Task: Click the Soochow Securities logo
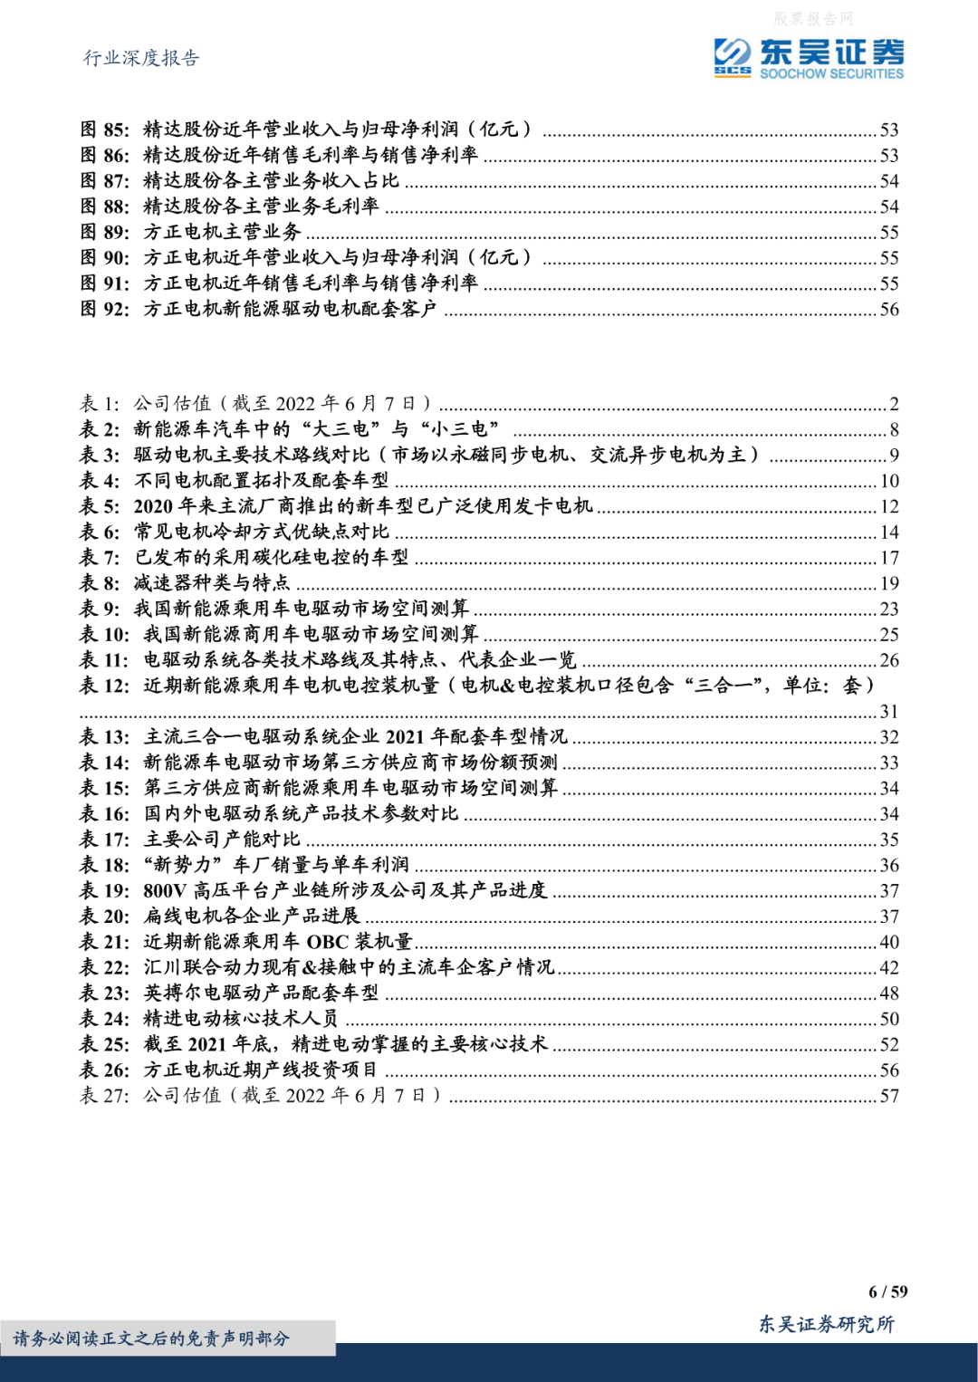click(x=808, y=59)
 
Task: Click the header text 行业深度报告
click(x=141, y=58)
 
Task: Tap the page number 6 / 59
click(x=887, y=1291)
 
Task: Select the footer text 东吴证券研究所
click(x=826, y=1324)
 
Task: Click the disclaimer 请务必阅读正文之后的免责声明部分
click(x=151, y=1338)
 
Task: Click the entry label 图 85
click(x=105, y=130)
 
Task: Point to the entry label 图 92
click(x=105, y=309)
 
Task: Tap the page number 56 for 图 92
click(x=889, y=310)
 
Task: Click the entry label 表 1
click(x=100, y=404)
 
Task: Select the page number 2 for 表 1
click(x=894, y=404)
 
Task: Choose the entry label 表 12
click(x=105, y=686)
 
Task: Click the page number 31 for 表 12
click(x=889, y=712)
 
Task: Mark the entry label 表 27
click(x=105, y=1096)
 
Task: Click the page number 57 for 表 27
click(x=889, y=1096)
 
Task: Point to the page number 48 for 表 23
click(x=889, y=993)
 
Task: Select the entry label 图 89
click(x=105, y=232)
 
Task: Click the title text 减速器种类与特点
click(x=212, y=583)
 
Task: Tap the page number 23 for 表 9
click(x=889, y=609)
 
